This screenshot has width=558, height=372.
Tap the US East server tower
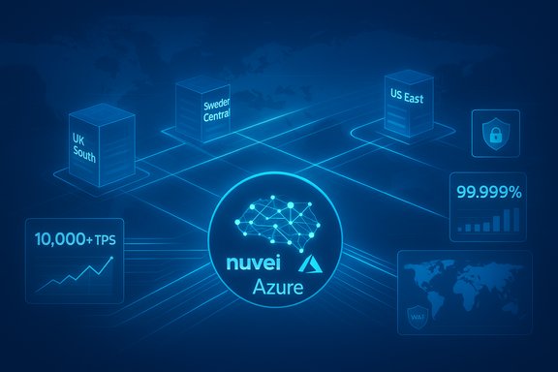point(405,101)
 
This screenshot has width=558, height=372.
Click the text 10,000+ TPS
point(72,238)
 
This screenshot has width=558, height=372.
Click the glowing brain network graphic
point(279,222)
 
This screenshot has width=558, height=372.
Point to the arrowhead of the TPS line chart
point(112,260)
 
